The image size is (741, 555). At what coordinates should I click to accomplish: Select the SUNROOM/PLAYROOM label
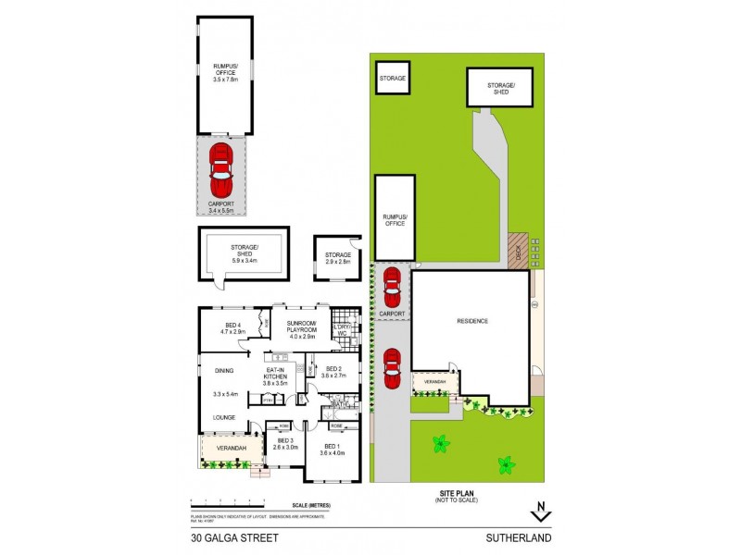coord(303,327)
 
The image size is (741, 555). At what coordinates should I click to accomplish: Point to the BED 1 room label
coord(332,450)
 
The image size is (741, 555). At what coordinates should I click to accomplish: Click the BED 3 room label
coord(284,444)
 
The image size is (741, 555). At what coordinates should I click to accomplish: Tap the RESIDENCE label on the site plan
coord(471,321)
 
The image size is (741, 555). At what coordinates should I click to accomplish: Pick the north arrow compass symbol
coord(541,512)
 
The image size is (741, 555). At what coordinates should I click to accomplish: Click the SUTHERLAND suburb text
coord(523,536)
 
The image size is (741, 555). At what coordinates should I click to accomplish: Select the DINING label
coord(225,371)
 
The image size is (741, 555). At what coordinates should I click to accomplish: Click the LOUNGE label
coord(225,417)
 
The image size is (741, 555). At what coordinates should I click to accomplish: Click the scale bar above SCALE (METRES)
coord(250,501)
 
